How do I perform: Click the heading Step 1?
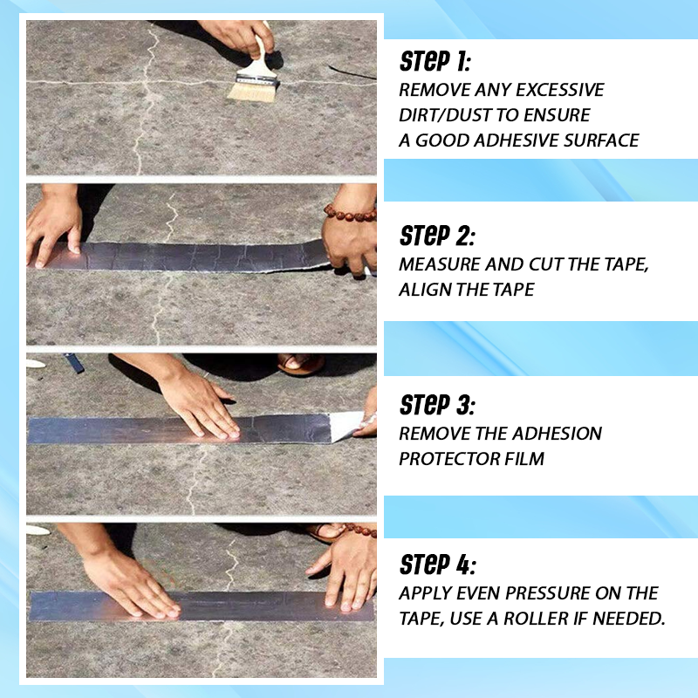pos(435,61)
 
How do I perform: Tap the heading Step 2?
pos(437,236)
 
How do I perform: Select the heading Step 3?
pos(437,405)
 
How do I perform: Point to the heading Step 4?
pos(438,565)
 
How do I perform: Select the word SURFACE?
pos(601,140)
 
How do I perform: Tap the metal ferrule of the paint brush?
pos(257,79)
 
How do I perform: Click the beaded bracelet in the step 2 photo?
pos(350,213)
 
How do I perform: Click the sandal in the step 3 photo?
pos(300,364)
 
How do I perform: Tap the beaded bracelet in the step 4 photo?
pos(359,530)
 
